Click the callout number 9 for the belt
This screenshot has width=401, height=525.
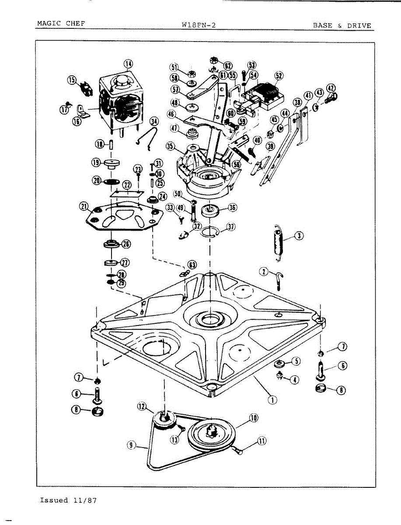click(x=131, y=445)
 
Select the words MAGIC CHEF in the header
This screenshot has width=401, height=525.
click(x=61, y=24)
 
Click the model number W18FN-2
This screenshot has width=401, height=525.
click(x=199, y=25)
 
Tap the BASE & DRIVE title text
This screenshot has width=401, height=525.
click(x=342, y=25)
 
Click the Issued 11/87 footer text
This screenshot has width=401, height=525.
click(x=68, y=500)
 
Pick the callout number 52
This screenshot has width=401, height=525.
click(x=279, y=75)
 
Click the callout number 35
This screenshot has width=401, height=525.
click(x=171, y=146)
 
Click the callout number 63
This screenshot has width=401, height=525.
click(x=192, y=265)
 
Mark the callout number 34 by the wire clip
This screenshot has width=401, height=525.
click(x=153, y=121)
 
